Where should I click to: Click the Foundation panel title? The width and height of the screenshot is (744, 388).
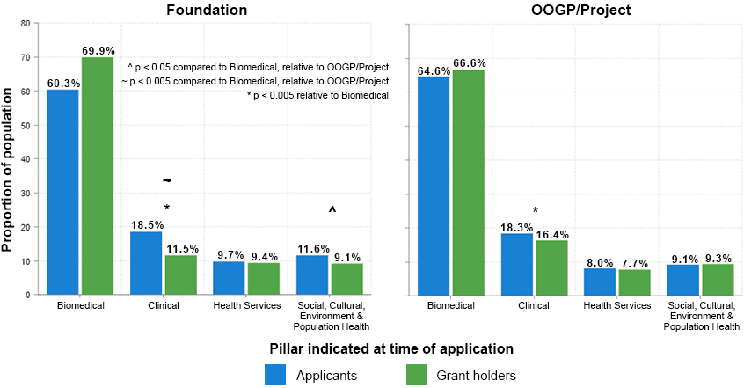pos(208,10)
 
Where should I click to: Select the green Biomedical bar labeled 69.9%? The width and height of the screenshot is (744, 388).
pos(98,176)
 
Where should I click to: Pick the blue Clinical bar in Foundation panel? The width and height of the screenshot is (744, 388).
pos(146,263)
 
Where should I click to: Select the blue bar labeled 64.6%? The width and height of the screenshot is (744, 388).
pos(434,185)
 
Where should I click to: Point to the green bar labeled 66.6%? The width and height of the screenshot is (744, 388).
pos(469,181)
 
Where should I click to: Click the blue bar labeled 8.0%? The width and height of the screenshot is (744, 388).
pos(600,281)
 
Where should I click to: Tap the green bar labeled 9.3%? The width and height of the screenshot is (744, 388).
pos(718,279)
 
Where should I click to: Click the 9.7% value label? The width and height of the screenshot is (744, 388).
pos(229,254)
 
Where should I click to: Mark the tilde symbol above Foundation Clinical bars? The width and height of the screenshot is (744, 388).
pos(166,181)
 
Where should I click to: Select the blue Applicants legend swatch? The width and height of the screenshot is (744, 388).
pos(276,375)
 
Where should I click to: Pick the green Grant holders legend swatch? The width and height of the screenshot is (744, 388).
pos(416,375)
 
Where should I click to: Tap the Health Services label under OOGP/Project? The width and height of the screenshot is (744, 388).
pos(617,305)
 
